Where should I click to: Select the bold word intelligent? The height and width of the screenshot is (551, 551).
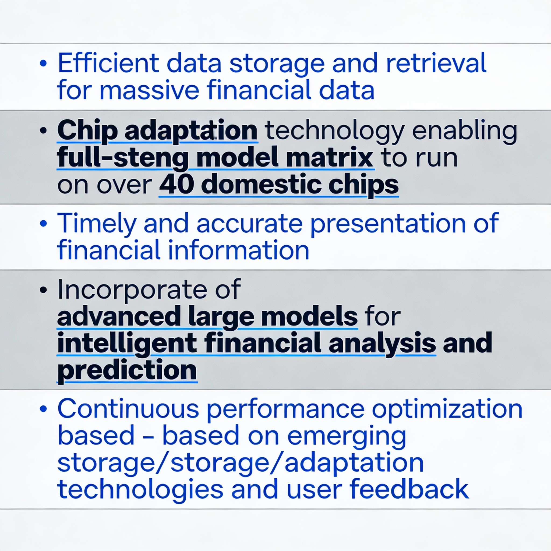(x=127, y=343)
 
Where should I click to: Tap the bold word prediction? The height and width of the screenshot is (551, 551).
(x=127, y=370)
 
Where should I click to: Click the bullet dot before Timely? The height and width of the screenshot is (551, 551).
(x=43, y=223)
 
